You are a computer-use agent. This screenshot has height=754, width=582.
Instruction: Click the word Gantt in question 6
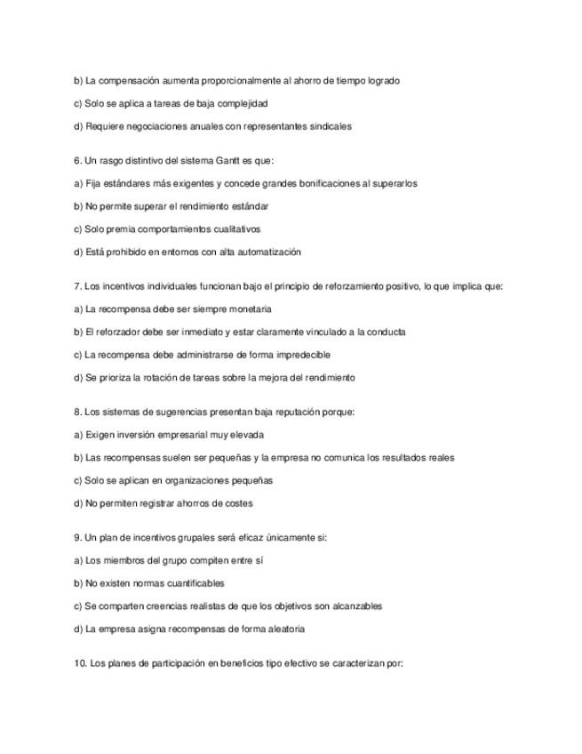point(228,161)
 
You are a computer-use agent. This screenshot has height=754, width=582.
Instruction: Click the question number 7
point(77,286)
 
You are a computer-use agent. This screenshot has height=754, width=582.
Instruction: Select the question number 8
point(77,413)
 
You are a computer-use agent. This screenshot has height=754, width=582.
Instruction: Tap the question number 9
point(77,538)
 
